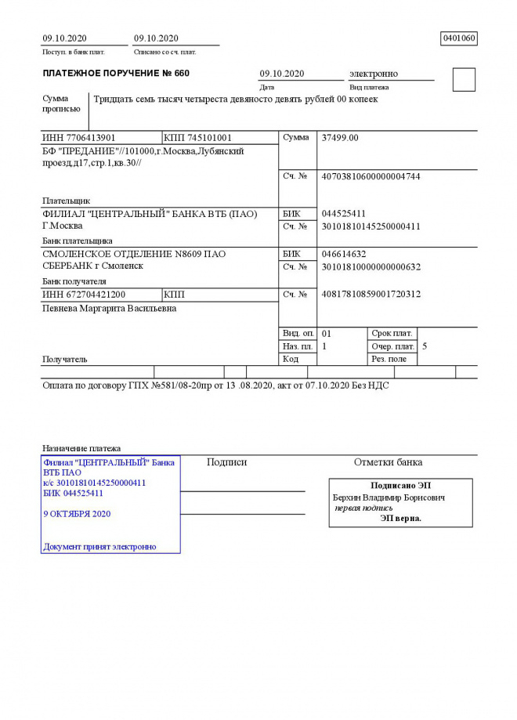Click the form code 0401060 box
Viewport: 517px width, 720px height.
click(x=459, y=38)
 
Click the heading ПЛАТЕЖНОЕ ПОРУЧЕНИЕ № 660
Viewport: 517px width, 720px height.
click(x=115, y=74)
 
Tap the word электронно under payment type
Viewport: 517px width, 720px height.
click(x=373, y=74)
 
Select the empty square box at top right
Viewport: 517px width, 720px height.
click(x=464, y=80)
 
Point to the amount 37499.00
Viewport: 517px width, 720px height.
click(x=340, y=138)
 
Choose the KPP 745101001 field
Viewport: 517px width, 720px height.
click(x=198, y=138)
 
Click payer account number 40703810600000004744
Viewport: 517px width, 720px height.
click(x=371, y=177)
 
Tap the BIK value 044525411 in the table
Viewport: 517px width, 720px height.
click(x=344, y=214)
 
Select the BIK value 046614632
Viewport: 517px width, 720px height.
click(x=344, y=255)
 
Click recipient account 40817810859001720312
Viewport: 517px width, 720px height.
click(x=371, y=295)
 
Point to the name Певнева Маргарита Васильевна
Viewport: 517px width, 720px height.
click(x=109, y=309)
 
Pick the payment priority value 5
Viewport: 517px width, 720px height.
click(x=425, y=346)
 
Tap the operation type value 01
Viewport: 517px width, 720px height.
click(x=327, y=333)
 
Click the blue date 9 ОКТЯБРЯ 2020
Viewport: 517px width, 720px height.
click(x=77, y=514)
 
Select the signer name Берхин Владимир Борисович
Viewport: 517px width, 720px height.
click(x=389, y=497)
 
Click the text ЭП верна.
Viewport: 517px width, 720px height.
click(x=400, y=518)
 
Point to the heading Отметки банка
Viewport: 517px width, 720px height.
click(x=388, y=462)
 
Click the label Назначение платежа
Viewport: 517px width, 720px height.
click(x=81, y=448)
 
